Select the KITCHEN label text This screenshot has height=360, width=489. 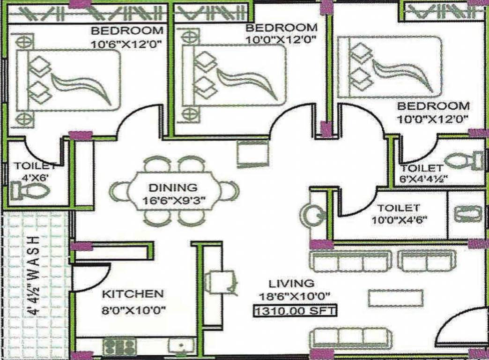pyautogui.click(x=133, y=294)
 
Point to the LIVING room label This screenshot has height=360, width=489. pyautogui.click(x=291, y=283)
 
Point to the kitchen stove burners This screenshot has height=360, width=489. pyautogui.click(x=119, y=346)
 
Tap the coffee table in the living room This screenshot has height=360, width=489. pyautogui.click(x=395, y=297)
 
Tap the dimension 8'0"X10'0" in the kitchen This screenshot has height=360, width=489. pyautogui.click(x=134, y=310)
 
